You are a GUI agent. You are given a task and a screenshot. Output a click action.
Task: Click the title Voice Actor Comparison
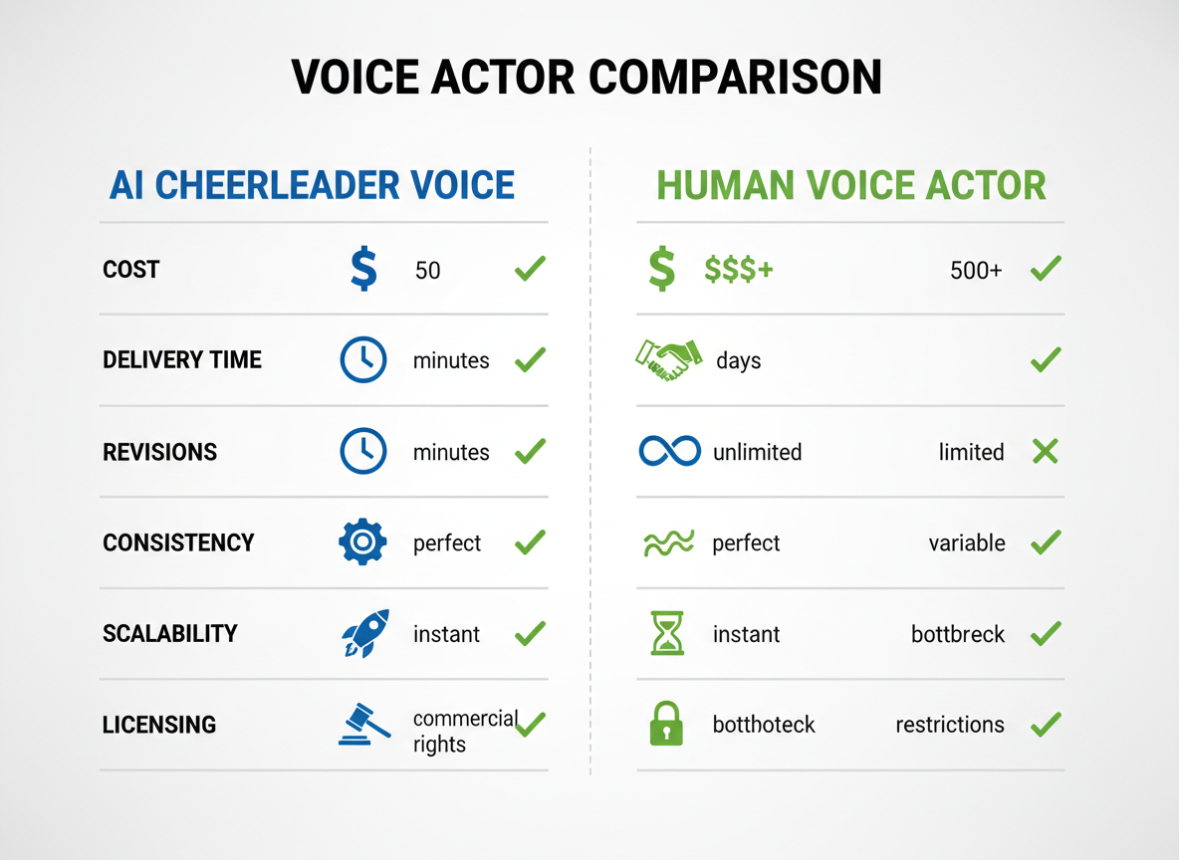pyautogui.click(x=588, y=79)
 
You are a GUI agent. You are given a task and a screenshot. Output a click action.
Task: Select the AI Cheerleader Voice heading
pyautogui.click(x=312, y=185)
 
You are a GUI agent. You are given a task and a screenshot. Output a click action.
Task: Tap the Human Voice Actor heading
pyautogui.click(x=851, y=185)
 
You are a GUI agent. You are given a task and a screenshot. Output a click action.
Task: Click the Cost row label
pyautogui.click(x=131, y=270)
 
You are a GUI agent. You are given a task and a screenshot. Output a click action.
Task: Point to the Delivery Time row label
pyautogui.click(x=182, y=360)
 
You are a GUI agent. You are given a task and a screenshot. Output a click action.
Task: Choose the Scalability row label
pyautogui.click(x=170, y=634)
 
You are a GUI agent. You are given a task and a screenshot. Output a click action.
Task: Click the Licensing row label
pyautogui.click(x=159, y=725)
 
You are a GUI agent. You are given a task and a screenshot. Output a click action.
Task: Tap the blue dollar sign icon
pyautogui.click(x=363, y=270)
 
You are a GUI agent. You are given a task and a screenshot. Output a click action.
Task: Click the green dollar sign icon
pyautogui.click(x=661, y=270)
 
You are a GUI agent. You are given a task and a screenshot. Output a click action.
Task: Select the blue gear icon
pyautogui.click(x=362, y=542)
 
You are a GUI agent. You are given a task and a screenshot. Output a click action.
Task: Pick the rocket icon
pyautogui.click(x=364, y=633)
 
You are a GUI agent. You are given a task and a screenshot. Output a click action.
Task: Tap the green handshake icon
pyautogui.click(x=663, y=359)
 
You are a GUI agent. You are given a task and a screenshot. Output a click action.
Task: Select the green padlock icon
pyautogui.click(x=666, y=725)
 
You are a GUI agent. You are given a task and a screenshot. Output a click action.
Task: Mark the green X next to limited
pyautogui.click(x=1045, y=452)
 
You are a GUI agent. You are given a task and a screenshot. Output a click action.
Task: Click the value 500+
pyautogui.click(x=976, y=270)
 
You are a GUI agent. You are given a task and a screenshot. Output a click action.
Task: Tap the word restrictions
pyautogui.click(x=950, y=725)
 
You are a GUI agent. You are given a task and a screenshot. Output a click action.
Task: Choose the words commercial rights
pyautogui.click(x=464, y=732)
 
